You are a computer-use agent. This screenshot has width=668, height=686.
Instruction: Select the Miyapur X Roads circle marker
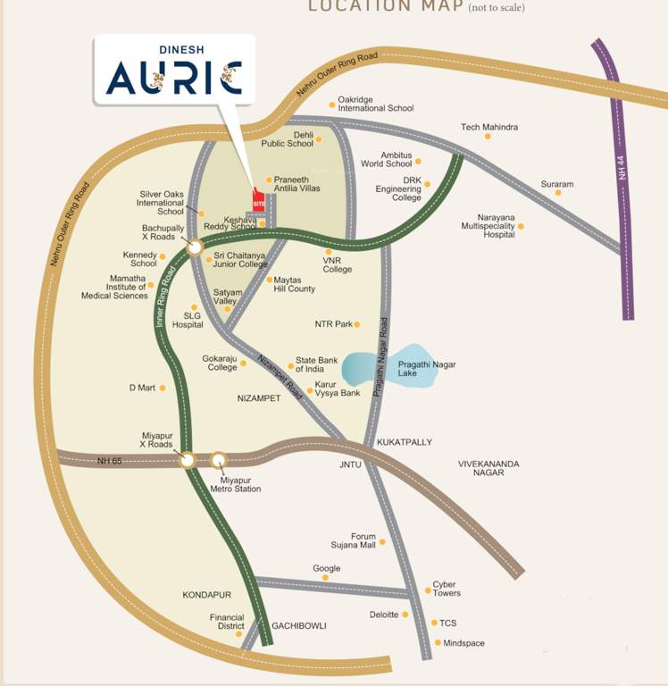click(x=187, y=460)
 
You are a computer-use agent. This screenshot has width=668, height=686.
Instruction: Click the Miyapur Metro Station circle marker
click(x=219, y=460)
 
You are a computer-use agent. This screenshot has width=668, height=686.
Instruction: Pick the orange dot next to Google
click(x=326, y=578)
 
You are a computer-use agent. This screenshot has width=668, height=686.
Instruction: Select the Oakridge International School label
click(x=375, y=104)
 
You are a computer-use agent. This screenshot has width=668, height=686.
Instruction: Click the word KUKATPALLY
click(x=404, y=442)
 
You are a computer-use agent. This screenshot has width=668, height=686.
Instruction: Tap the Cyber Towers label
click(x=446, y=589)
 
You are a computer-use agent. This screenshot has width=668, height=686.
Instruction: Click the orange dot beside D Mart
click(x=162, y=388)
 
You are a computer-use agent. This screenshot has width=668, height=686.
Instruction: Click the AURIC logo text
click(x=173, y=77)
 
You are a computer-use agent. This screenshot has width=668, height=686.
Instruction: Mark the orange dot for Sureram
click(x=558, y=193)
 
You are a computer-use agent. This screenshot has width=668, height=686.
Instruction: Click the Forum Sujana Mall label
click(x=363, y=541)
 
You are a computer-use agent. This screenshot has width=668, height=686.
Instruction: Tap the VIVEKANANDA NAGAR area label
click(x=488, y=468)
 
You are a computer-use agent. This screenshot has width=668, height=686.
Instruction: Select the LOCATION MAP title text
click(x=385, y=7)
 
